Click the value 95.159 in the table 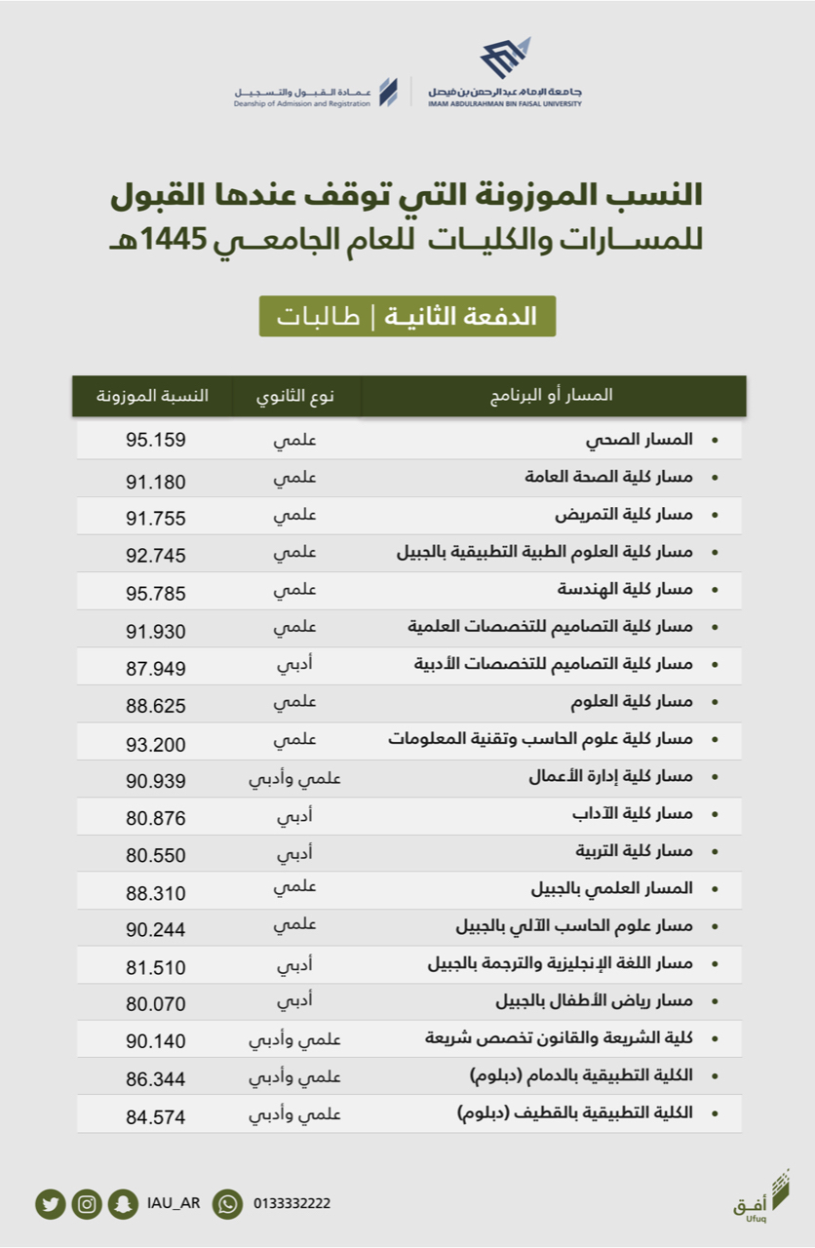tap(155, 440)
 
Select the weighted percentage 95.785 tap(155, 593)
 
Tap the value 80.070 tap(155, 1003)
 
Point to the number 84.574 tap(155, 1116)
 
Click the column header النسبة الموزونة tap(152, 396)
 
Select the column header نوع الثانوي tap(295, 396)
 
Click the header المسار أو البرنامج tap(552, 396)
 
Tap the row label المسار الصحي tap(640, 440)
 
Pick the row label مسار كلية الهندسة tap(625, 590)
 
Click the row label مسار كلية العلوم tap(632, 702)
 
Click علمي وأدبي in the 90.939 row tap(295, 777)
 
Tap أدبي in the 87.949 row tap(295, 665)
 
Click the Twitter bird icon tap(50, 1204)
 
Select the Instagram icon tap(87, 1204)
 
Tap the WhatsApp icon tap(227, 1204)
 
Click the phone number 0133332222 tap(291, 1204)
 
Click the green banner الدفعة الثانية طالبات tap(407, 317)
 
